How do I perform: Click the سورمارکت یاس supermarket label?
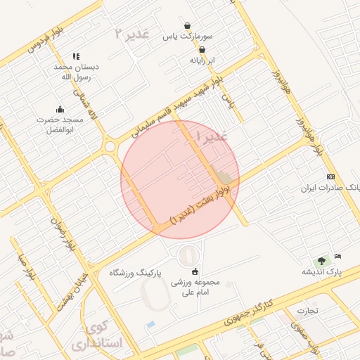186,35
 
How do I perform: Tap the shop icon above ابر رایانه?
202,50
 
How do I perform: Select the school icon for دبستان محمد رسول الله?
76,56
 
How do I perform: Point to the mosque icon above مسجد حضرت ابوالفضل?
60,109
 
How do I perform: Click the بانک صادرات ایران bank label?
330,188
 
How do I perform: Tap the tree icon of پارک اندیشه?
321,260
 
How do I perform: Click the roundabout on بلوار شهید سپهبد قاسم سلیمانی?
110,147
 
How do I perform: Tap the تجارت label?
307,310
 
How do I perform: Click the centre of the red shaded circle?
180,179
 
